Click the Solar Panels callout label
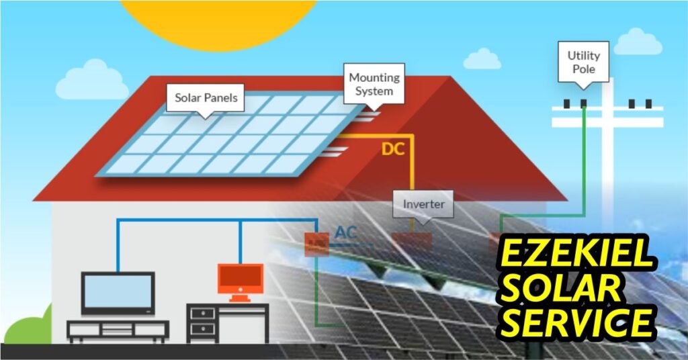pyautogui.click(x=206, y=98)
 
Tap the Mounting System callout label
pyautogui.click(x=374, y=84)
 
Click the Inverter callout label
pyautogui.click(x=423, y=203)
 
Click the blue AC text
pyautogui.click(x=346, y=233)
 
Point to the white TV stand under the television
pyautogui.click(x=118, y=330)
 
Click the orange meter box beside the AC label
pyautogui.click(x=316, y=243)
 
